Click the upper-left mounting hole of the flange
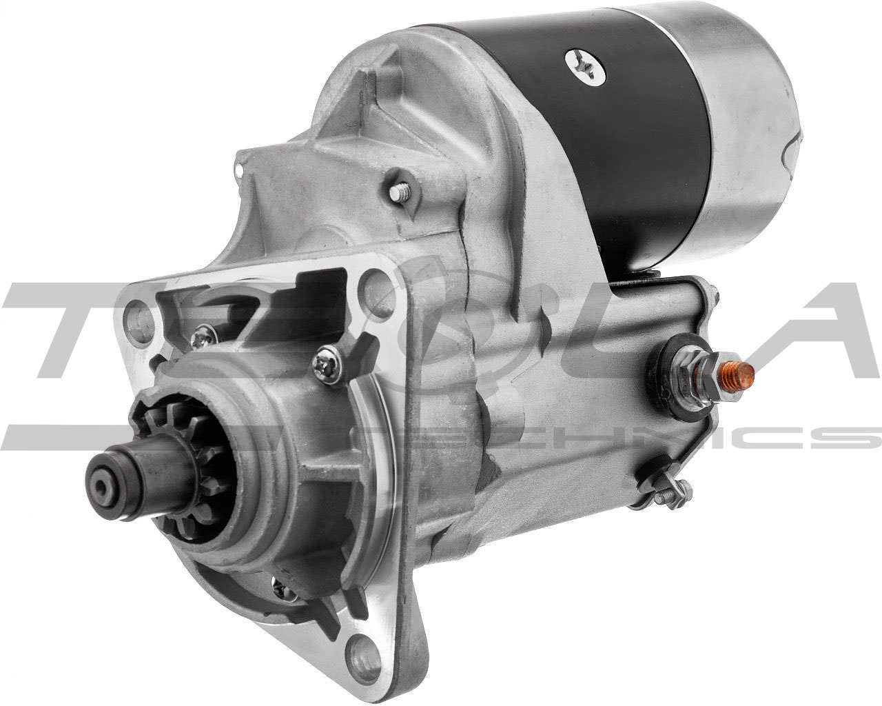[x=135, y=317]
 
